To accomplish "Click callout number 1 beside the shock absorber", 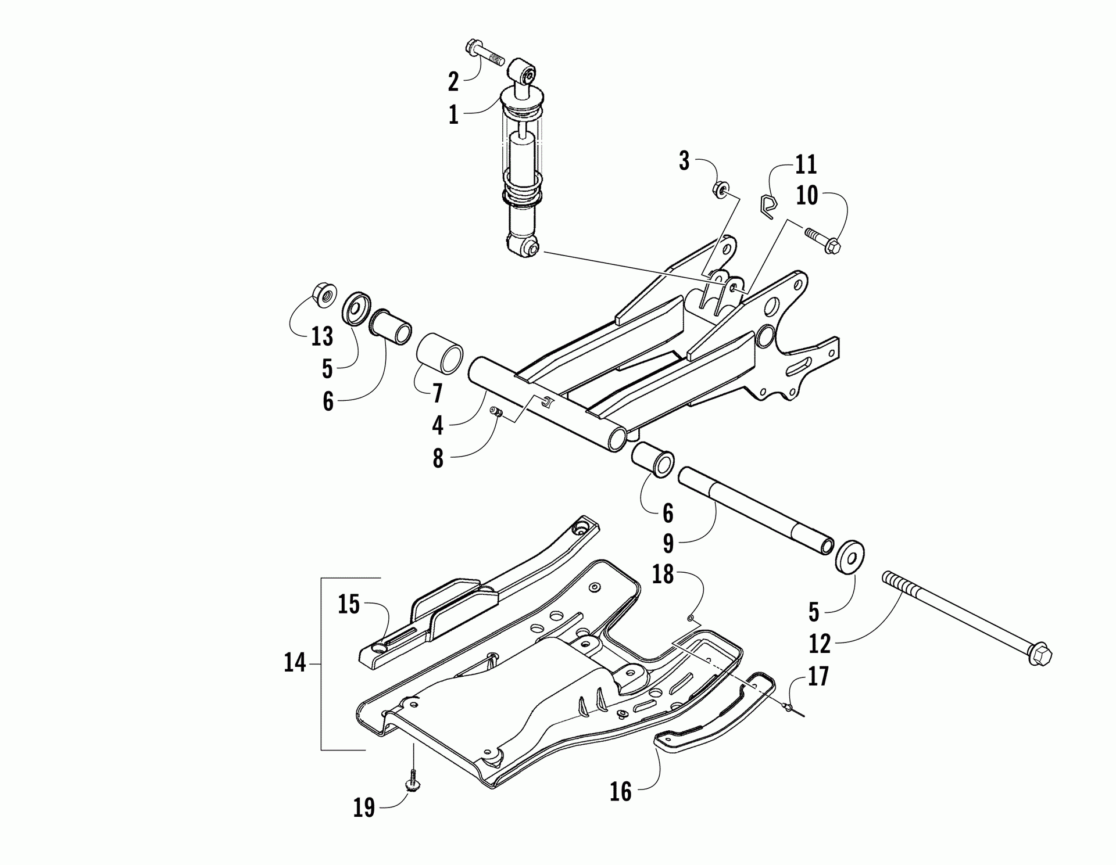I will (453, 114).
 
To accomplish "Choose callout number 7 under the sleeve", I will (437, 393).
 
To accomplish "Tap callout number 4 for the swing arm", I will (438, 425).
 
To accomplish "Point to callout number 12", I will (820, 643).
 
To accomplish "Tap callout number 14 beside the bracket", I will (295, 662).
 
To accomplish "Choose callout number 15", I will (349, 604).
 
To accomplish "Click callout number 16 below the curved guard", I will (620, 791).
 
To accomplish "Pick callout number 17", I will (818, 677).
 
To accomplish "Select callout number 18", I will (663, 574).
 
